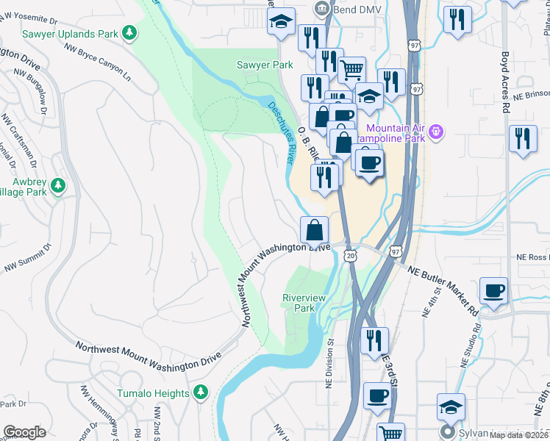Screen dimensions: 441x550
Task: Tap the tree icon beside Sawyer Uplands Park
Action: (130, 32)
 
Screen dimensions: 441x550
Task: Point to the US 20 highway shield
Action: (350, 254)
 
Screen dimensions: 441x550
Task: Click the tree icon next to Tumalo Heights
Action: (201, 393)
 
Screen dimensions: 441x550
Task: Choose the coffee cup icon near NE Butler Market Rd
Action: (494, 290)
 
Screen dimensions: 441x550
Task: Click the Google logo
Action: (24, 431)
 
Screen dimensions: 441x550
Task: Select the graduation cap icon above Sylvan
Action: (451, 406)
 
